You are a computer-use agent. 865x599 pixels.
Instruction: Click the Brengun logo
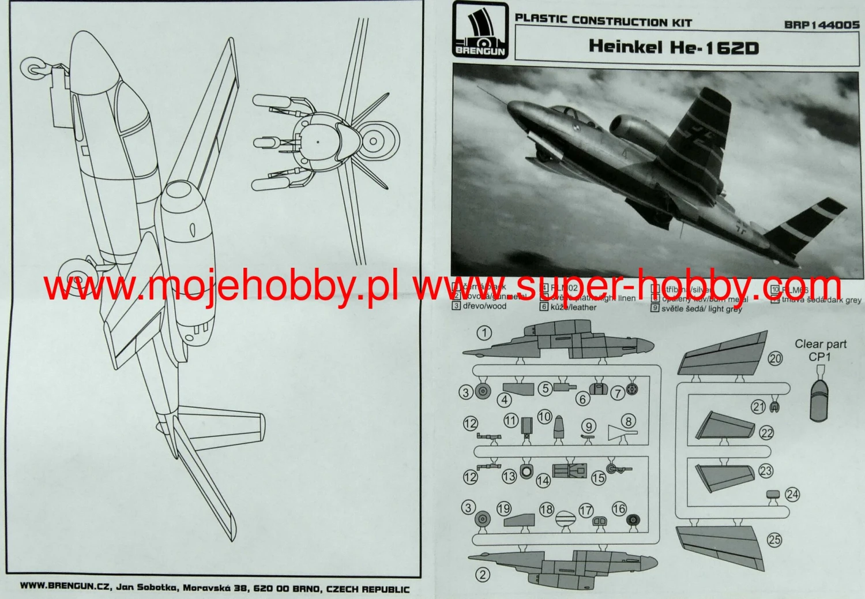coord(479,35)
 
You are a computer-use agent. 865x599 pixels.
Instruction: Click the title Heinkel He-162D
coord(673,47)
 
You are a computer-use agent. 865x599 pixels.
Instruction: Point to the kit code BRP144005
coord(821,25)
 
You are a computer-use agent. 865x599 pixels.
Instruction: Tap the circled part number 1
coord(484,332)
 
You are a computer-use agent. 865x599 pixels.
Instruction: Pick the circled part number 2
coord(483,574)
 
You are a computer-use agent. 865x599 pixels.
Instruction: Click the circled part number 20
coord(775,358)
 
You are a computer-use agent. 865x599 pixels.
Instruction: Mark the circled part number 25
coord(774,540)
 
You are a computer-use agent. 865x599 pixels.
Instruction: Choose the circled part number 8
coord(627,421)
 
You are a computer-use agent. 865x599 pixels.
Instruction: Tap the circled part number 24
coord(792,495)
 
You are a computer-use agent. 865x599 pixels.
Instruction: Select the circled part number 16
coord(619,508)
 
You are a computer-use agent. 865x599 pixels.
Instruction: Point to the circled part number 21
coord(758,407)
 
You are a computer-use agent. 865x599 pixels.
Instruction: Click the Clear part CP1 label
coord(820,350)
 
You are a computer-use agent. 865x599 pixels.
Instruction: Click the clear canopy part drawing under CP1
coord(819,399)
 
